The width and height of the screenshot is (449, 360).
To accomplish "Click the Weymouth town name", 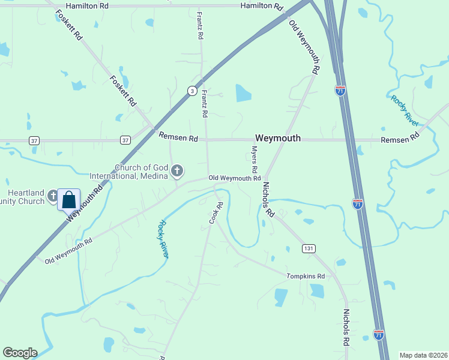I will (x=277, y=138).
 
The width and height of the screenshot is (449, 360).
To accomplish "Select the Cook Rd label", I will (x=216, y=214).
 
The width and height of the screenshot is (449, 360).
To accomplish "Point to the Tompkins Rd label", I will (x=306, y=276).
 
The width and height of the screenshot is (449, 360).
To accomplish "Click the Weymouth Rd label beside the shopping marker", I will (x=85, y=201).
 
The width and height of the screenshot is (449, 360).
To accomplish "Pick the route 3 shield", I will (x=191, y=91).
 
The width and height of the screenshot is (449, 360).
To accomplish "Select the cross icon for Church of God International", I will (x=176, y=172).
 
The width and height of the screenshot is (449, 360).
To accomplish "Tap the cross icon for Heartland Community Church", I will (x=53, y=196).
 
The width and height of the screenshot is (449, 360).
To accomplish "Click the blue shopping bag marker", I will (x=69, y=200).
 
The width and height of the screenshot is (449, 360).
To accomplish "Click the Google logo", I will (x=20, y=353).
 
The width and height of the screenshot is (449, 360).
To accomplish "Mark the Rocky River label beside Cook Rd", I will (x=163, y=239).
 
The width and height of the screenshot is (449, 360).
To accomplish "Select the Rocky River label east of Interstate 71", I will (x=404, y=110).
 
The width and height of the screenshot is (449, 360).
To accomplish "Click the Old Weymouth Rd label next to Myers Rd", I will (x=234, y=178).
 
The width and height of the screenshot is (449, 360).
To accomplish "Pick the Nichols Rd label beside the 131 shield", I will (x=268, y=200).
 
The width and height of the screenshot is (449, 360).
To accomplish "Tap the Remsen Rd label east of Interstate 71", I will (x=400, y=139).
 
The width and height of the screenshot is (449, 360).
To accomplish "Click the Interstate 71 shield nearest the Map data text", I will (x=378, y=334).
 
